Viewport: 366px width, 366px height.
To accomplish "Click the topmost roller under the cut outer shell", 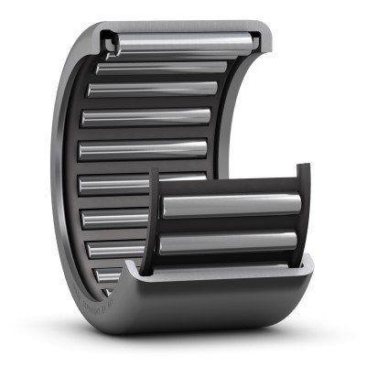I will (183, 41).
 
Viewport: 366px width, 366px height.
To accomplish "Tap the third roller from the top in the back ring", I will (151, 90).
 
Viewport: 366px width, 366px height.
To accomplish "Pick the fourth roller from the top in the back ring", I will (146, 119).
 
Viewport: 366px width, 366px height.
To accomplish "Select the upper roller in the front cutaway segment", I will (229, 207).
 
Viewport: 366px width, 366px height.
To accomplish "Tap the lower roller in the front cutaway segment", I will (229, 242).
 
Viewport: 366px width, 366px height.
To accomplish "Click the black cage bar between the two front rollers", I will (229, 225).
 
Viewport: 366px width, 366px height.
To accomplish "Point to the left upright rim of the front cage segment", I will (155, 220).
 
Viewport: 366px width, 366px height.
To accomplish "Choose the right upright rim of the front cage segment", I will (303, 210).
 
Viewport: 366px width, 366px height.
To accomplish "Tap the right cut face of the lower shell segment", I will (307, 264).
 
